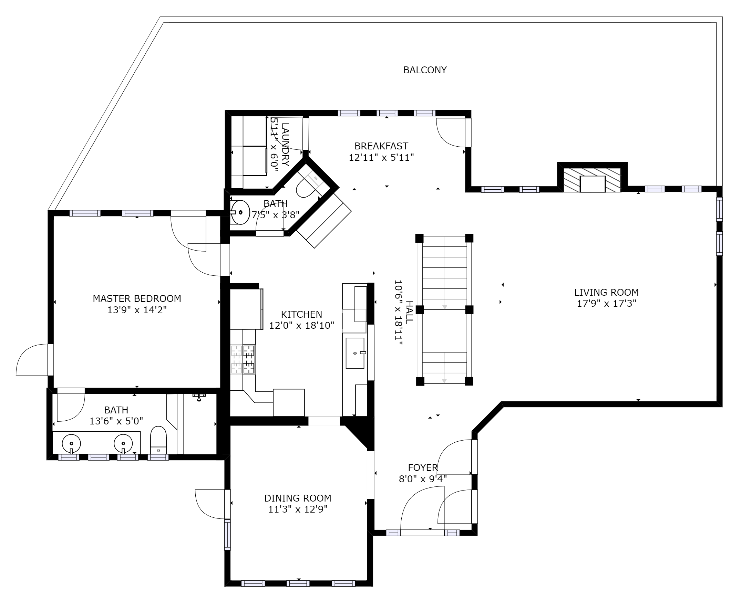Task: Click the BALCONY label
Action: coord(425,70)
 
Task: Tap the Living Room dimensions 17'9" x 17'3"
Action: coord(606,304)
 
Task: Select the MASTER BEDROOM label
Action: coord(137,298)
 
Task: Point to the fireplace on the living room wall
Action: coord(592,180)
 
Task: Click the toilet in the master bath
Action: coord(158,440)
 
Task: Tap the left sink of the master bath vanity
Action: coord(71,443)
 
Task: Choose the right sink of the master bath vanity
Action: coord(123,443)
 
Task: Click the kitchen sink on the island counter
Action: coord(355,353)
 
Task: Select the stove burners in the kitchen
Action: coord(243,359)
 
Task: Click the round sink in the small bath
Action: coord(240,212)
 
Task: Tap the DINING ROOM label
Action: coord(298,498)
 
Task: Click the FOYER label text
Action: coord(423,467)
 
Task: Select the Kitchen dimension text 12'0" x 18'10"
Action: coord(302,325)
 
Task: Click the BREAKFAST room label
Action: coord(381,146)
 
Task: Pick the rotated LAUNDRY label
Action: coord(285,145)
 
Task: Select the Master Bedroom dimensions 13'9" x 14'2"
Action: coord(137,310)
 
